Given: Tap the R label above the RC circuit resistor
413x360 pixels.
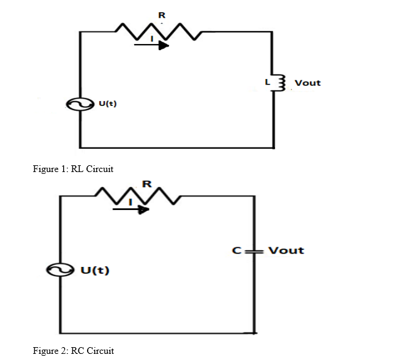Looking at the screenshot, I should point(146,183).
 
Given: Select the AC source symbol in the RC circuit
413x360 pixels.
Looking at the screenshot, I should point(60,270).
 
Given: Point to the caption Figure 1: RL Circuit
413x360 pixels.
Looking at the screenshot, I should point(73,169).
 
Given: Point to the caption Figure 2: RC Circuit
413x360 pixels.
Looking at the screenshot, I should point(73,351).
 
